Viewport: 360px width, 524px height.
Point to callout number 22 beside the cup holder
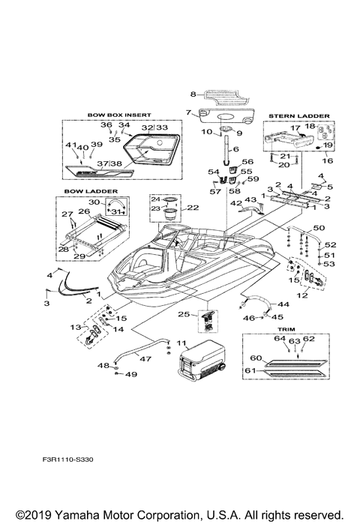[192, 208]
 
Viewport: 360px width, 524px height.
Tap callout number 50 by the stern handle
[319, 227]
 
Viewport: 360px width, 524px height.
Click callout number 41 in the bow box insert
[68, 145]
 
